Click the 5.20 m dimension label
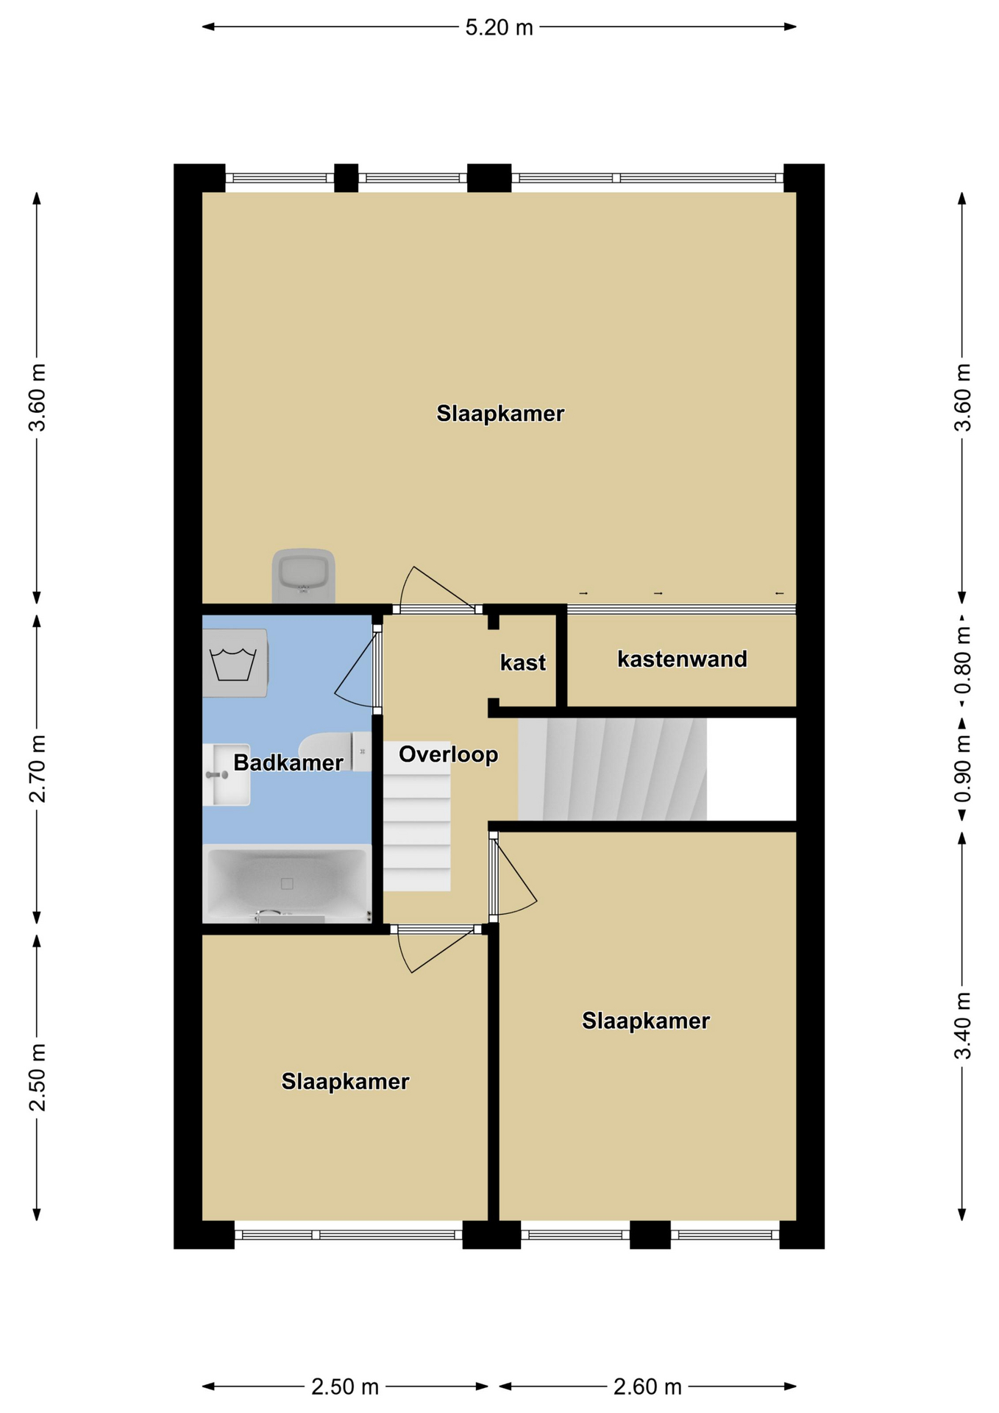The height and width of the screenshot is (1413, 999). coord(499,27)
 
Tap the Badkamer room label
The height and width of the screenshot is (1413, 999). coord(288,762)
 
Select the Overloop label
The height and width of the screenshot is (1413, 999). coord(449,754)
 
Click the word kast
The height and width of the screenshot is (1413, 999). coord(523,662)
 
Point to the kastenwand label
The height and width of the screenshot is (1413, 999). coord(682,659)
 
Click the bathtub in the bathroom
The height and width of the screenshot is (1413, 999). coord(287,883)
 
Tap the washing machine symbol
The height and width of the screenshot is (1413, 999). coord(235,663)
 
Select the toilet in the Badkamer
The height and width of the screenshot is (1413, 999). coord(335,751)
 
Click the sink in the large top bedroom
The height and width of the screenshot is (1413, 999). coord(303,576)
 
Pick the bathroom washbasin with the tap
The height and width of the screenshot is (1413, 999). coord(227,774)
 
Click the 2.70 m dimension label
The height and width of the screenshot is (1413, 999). coord(37,768)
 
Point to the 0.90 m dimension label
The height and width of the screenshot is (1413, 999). coord(962,769)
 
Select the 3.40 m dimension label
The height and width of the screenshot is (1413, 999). coord(962,1025)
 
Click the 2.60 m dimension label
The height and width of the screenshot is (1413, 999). coord(647,1387)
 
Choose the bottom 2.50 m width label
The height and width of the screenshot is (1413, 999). coord(345,1387)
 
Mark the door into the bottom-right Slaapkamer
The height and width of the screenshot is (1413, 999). coord(513,876)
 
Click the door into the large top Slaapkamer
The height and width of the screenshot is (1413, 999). coord(438,589)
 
